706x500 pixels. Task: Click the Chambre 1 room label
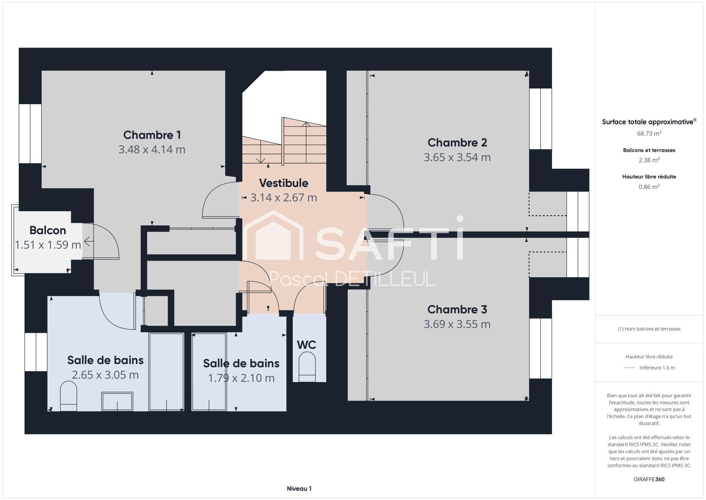click(152, 135)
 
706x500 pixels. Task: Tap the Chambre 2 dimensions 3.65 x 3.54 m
click(457, 157)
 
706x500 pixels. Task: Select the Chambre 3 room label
click(457, 309)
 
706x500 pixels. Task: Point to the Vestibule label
click(284, 183)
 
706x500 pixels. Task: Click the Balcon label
click(48, 230)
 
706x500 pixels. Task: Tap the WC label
click(306, 345)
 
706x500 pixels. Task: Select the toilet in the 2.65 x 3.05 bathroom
click(68, 396)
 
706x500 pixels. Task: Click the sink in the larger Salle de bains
click(117, 401)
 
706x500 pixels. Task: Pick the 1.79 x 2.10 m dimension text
click(241, 378)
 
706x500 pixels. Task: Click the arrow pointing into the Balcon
click(89, 242)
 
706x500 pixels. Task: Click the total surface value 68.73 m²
click(649, 133)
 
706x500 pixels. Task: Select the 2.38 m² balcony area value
click(649, 160)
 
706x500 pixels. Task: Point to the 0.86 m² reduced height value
click(649, 187)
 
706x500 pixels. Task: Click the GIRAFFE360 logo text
click(649, 479)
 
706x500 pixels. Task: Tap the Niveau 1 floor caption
click(299, 489)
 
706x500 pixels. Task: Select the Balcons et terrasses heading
click(649, 150)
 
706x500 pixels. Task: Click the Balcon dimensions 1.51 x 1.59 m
click(48, 245)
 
